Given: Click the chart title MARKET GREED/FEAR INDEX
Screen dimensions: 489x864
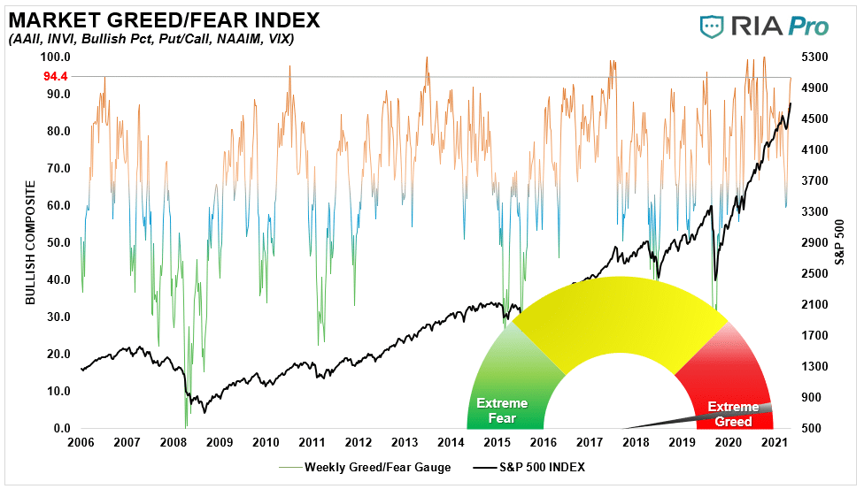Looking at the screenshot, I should pyautogui.click(x=164, y=19).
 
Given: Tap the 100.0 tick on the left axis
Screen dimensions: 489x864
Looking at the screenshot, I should pyautogui.click(x=56, y=57).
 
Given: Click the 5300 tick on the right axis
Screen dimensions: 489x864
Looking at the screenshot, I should pyautogui.click(x=814, y=57).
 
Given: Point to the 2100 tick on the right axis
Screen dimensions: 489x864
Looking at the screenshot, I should pyautogui.click(x=814, y=304).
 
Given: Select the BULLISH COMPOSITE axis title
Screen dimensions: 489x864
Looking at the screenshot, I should pyautogui.click(x=30, y=242).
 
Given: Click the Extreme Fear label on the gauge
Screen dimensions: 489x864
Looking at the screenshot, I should pyautogui.click(x=502, y=411).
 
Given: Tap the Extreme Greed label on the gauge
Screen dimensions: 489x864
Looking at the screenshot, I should pyautogui.click(x=733, y=414).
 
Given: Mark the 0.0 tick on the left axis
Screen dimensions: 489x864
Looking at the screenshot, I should pyautogui.click(x=61, y=429).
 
